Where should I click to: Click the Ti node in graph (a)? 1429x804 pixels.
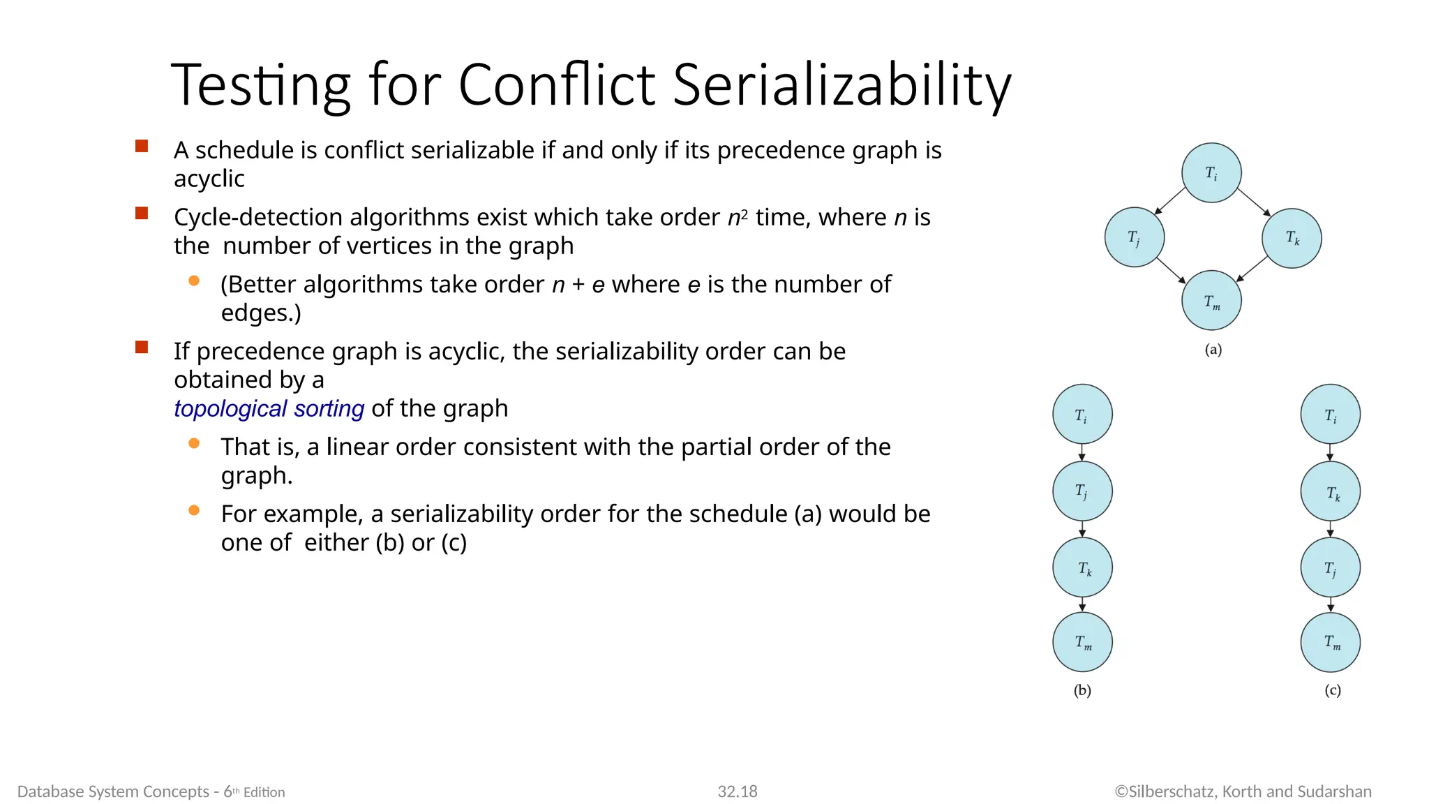coord(1211,173)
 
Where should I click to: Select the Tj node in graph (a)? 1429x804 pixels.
coord(1135,237)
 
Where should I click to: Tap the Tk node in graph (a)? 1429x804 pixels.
coord(1292,238)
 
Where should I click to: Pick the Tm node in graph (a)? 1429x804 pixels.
coord(1211,300)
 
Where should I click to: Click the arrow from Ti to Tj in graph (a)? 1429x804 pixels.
coord(1170,201)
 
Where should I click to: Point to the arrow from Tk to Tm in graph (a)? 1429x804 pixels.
coord(1252,269)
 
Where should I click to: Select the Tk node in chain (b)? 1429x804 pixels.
coord(1082,568)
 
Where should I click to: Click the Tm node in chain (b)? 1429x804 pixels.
coord(1082,642)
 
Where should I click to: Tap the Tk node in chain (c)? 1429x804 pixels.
coord(1330,492)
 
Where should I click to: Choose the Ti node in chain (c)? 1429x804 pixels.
coord(1330,415)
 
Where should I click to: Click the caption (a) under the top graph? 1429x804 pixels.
coord(1213,350)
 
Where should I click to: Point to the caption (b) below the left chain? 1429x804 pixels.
coord(1082,690)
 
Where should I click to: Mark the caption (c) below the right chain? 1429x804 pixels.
coord(1332,690)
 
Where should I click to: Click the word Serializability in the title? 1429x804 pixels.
coord(841,85)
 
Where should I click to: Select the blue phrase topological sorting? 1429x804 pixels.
coord(269,408)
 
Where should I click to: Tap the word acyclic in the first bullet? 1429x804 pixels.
coord(209,179)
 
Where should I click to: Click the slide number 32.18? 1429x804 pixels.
coord(738,791)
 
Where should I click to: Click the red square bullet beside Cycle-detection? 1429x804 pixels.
coord(142,214)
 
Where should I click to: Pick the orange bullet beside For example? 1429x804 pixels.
coord(194,511)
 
